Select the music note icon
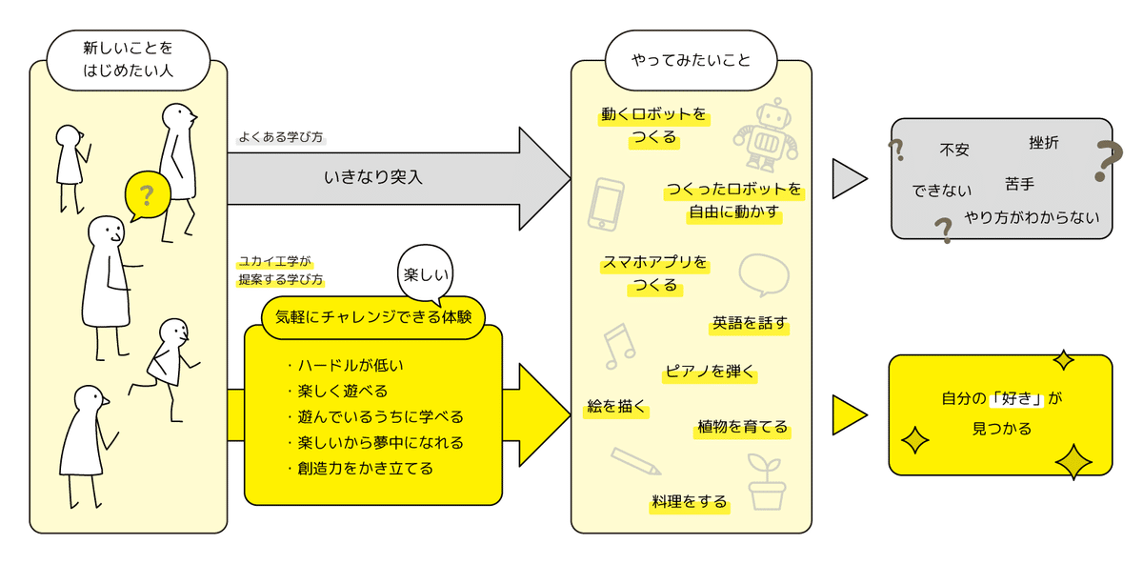coord(618,345)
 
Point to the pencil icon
coord(635,461)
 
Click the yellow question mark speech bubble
coord(146,197)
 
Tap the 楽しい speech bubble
coord(425,275)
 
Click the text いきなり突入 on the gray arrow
coord(372,176)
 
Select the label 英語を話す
coord(750,323)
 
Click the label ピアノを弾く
coord(710,372)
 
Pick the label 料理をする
coord(690,501)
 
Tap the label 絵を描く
coord(616,408)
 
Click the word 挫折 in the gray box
coord(1043,143)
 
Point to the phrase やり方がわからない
coord(1032,217)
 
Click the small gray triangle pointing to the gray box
coord(848,178)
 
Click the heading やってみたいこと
coord(692,60)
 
